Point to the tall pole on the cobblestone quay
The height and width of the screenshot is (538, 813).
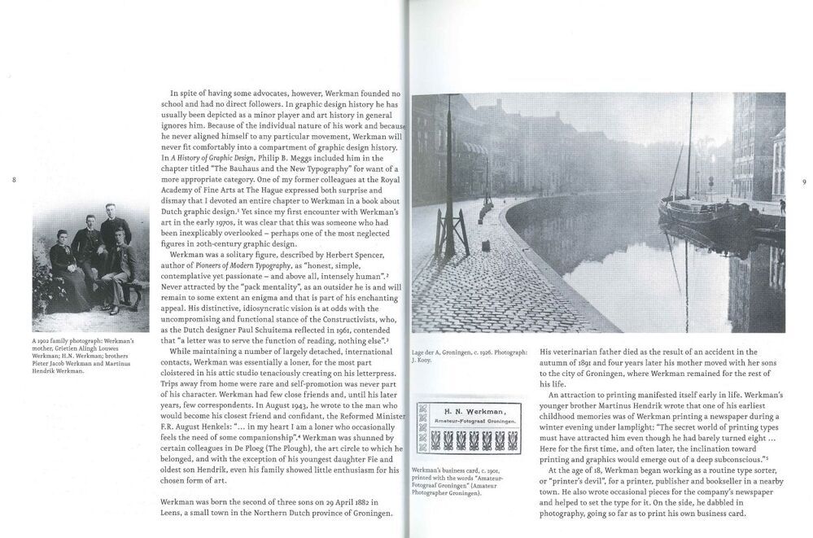pyautogui.click(x=447, y=175)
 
